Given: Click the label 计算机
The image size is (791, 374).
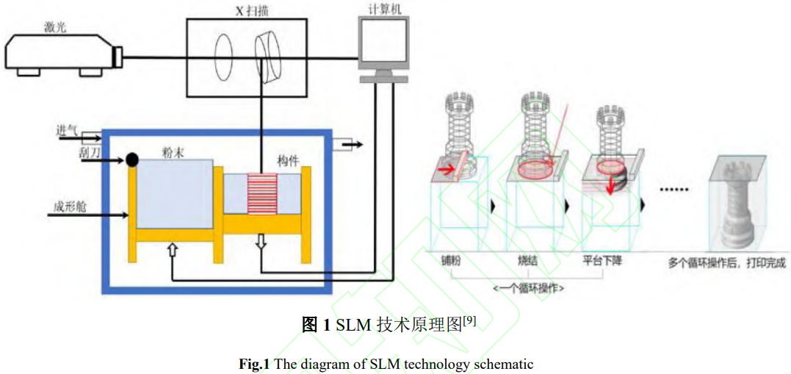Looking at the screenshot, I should click(x=383, y=9).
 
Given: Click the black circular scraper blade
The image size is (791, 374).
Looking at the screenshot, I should click(x=133, y=159).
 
